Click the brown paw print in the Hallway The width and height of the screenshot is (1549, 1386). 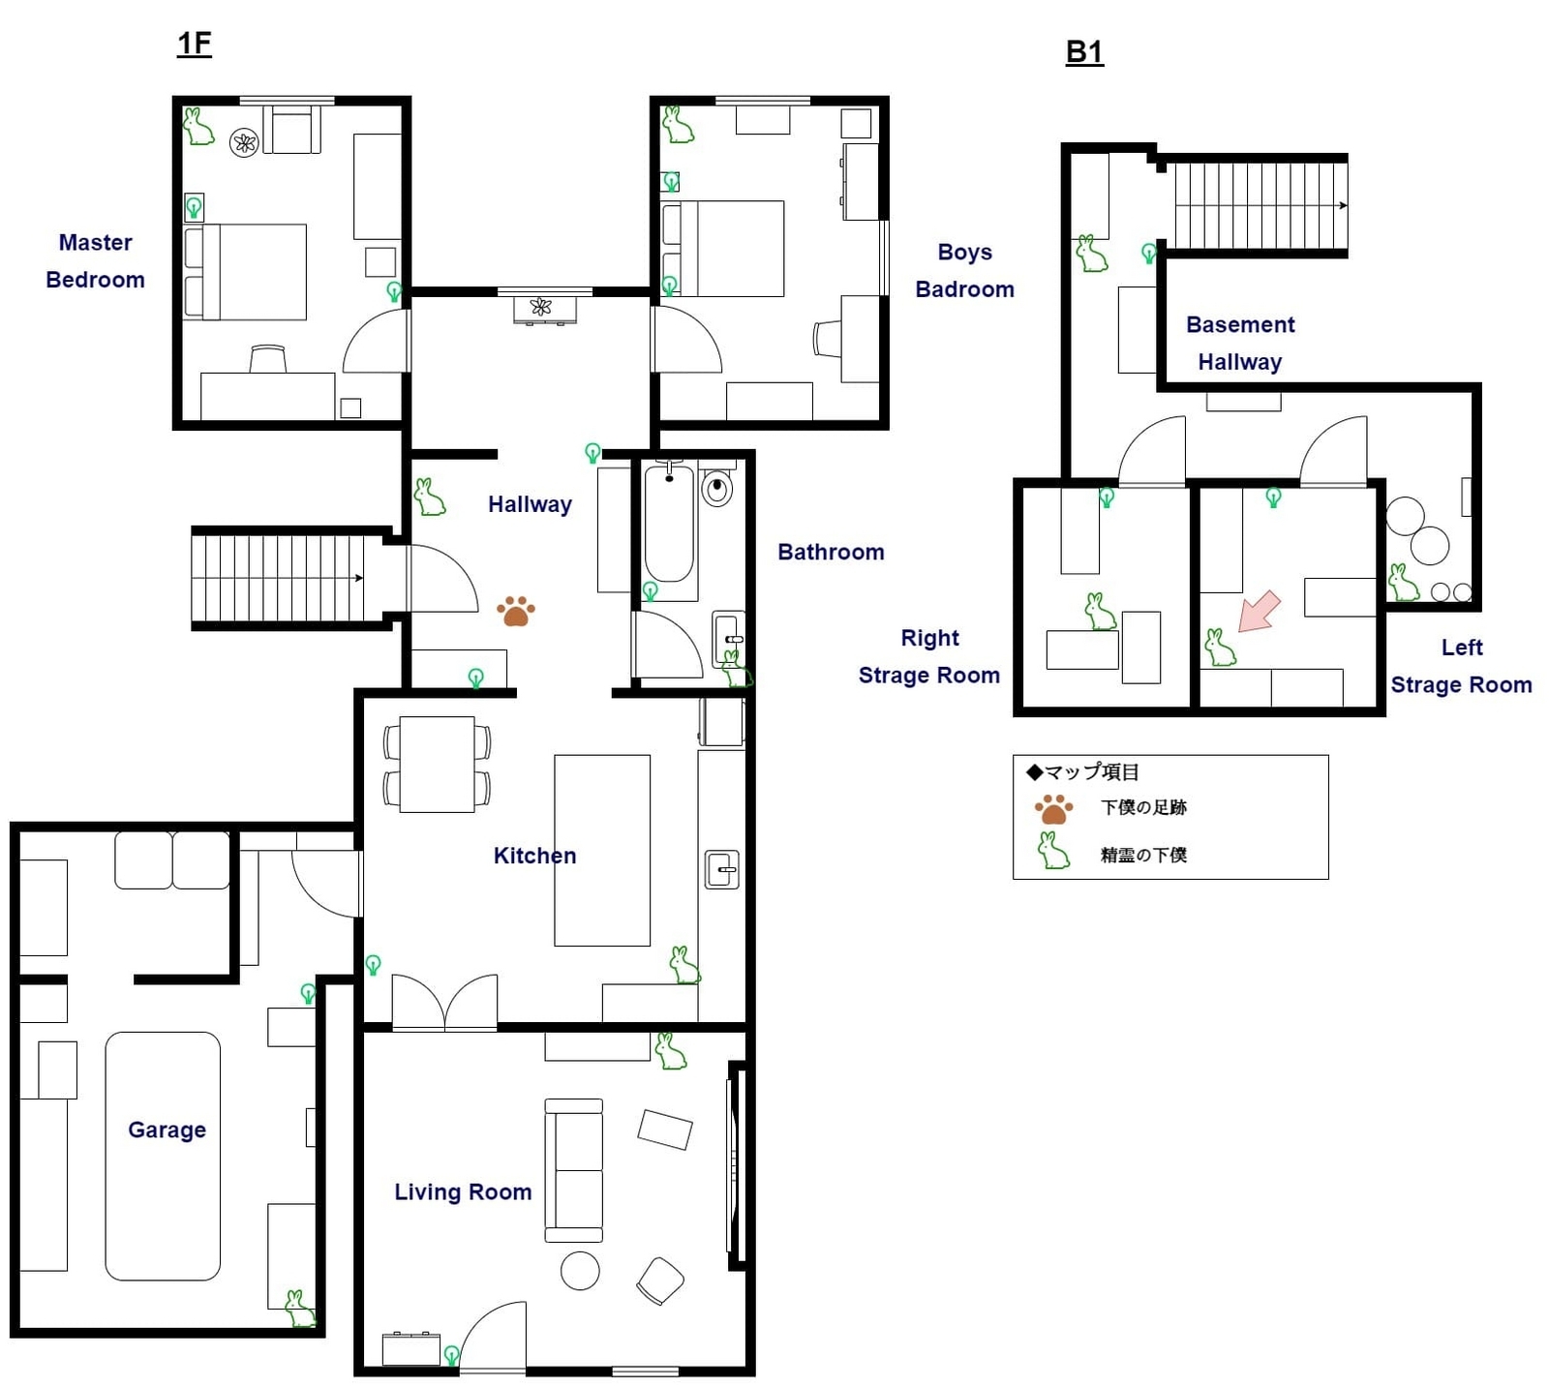pos(515,611)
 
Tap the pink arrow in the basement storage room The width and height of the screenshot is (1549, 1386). pos(1260,612)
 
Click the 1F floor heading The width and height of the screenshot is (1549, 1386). pos(195,44)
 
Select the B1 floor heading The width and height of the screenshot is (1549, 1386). pos(1084,51)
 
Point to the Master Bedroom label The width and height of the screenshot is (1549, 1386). pos(95,260)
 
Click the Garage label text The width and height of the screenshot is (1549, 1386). pos(167,1130)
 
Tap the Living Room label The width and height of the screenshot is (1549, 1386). pos(463,1191)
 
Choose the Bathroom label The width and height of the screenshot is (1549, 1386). pos(831,552)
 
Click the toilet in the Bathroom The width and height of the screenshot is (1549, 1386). pos(716,487)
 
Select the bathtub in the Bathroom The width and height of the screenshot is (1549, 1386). pos(669,524)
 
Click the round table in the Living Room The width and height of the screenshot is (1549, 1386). pos(580,1271)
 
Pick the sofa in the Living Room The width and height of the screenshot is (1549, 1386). pos(573,1170)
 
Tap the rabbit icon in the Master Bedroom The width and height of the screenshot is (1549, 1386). pos(198,127)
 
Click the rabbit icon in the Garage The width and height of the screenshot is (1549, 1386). pos(299,1309)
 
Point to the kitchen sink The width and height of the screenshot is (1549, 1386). pos(721,869)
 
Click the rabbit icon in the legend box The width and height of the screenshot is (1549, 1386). pos(1053,851)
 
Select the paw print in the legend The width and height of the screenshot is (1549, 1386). pos(1053,809)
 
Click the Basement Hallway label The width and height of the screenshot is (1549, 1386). pos(1240,343)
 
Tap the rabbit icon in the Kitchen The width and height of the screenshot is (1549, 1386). pos(684,965)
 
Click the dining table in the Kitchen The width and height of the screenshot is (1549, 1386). pos(437,764)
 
